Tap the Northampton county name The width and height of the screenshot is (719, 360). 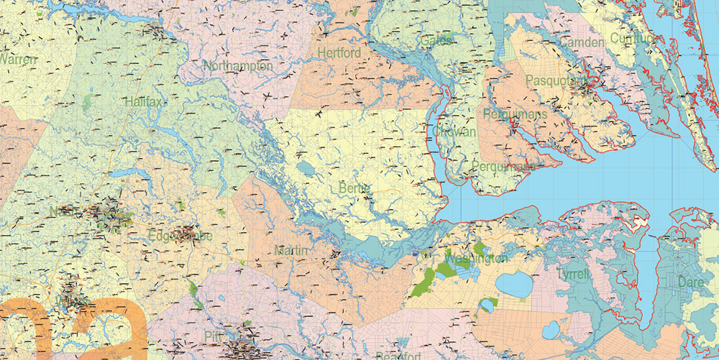[238, 66]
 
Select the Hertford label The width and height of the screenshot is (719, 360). [339, 53]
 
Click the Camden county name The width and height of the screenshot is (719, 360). [582, 43]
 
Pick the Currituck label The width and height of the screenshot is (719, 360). [633, 38]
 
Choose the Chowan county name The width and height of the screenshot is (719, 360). [454, 133]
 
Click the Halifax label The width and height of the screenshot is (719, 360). [143, 102]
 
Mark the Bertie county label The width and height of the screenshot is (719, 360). [354, 188]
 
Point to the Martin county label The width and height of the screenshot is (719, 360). [291, 250]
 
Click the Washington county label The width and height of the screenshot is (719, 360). [475, 258]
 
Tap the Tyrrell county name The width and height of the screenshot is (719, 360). [572, 274]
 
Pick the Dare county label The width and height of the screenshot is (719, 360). [691, 282]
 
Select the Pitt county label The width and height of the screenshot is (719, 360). [214, 336]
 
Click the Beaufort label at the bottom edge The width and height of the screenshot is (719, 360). [399, 355]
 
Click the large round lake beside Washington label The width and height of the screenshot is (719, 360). [513, 285]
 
